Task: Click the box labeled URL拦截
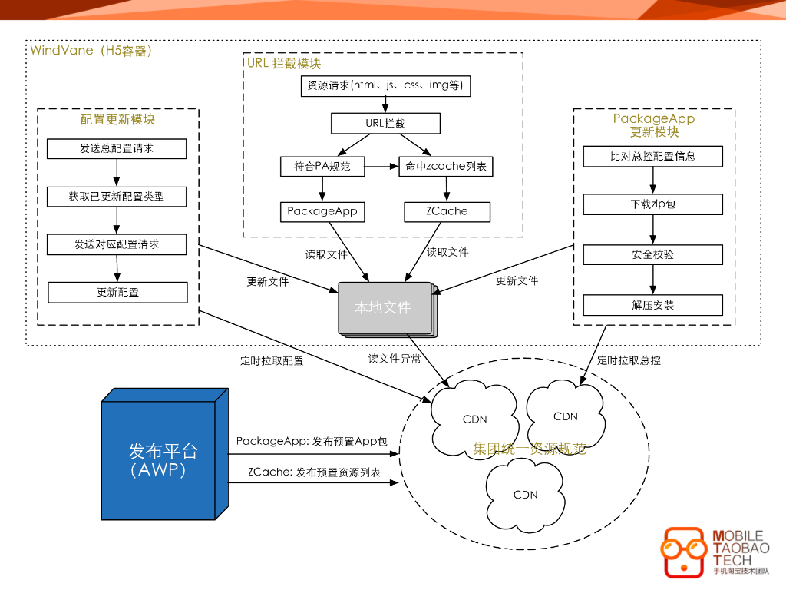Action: (385, 124)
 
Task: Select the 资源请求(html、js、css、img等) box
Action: (385, 86)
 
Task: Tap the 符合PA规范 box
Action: (322, 167)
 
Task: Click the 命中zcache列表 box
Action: (446, 167)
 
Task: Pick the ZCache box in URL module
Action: (447, 212)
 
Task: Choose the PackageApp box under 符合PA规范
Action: (322, 212)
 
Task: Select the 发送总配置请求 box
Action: (117, 148)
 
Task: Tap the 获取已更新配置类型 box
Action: (117, 197)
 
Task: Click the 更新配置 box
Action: (117, 293)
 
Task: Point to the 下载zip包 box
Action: (652, 204)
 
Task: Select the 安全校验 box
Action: (652, 255)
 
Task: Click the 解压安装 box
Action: (652, 305)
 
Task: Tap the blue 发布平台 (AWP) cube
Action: (165, 454)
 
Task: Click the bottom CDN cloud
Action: (525, 496)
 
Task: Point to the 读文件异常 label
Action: (395, 359)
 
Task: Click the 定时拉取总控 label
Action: (629, 360)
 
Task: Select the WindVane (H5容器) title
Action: (91, 51)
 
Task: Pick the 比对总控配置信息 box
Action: (652, 157)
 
